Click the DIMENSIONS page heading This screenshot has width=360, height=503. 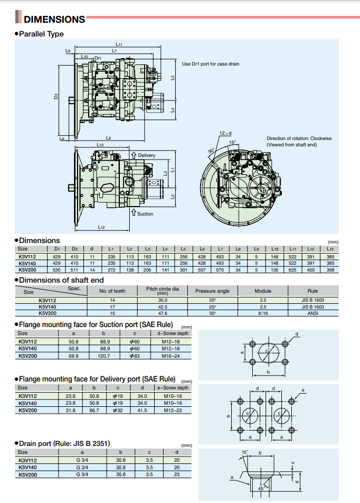pos(54,20)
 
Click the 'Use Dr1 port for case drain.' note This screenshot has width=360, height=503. pos(211,63)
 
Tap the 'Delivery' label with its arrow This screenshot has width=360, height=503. pos(144,155)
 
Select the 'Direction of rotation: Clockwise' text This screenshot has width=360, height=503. pos(299,138)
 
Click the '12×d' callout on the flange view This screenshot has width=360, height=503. pos(226,133)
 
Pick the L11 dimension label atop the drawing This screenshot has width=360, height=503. pos(119,44)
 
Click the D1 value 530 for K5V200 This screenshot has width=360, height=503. pos(57,269)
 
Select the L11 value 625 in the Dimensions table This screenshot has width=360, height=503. pos(292,269)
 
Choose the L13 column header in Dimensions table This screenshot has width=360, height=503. pos(330,248)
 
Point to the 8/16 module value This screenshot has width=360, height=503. pos(263,313)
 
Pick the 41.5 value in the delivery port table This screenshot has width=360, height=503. pos(142,410)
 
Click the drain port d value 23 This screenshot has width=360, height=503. pos(176,474)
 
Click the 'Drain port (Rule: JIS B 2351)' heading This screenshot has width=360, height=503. pos(64,443)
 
